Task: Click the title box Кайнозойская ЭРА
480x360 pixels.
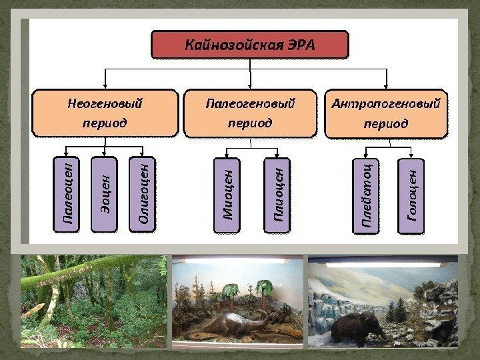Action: click(250, 45)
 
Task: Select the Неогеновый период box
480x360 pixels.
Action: click(106, 114)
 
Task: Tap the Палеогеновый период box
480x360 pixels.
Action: click(250, 114)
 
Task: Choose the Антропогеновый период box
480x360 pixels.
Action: click(386, 114)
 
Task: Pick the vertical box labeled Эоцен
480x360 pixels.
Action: click(104, 194)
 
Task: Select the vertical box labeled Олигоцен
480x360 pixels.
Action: click(143, 194)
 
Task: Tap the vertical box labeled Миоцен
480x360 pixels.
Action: click(227, 195)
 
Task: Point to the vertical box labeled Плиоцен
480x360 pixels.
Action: click(279, 195)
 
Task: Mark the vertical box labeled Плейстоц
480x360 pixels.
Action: click(366, 195)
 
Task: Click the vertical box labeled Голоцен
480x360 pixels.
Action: click(411, 195)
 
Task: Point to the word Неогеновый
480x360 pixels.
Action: click(105, 104)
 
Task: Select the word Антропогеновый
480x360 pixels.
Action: click(386, 104)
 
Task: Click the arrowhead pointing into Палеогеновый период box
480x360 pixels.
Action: click(250, 87)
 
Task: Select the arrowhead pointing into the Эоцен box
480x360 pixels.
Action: click(105, 154)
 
